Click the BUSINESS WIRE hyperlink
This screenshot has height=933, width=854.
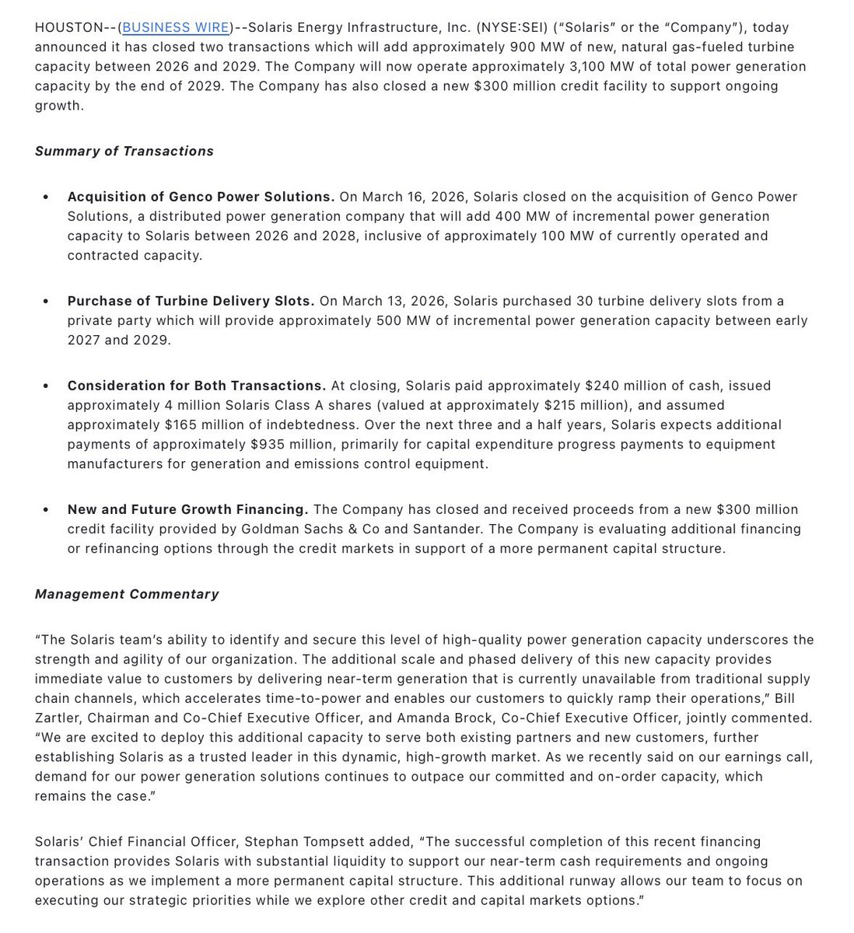[176, 28]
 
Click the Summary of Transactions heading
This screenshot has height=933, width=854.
[124, 152]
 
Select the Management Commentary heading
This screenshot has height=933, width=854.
[127, 594]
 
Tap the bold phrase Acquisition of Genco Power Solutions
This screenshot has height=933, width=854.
[201, 197]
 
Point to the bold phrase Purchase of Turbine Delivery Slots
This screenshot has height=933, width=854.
[191, 301]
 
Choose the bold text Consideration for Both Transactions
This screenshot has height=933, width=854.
[196, 386]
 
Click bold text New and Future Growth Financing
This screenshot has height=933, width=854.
[187, 510]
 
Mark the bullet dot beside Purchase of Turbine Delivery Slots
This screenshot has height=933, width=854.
[46, 302]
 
